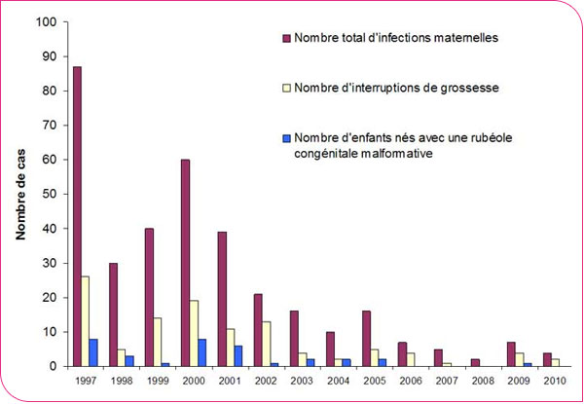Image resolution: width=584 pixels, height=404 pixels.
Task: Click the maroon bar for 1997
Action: (x=77, y=216)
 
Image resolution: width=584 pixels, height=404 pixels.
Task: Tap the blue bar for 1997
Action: (x=94, y=352)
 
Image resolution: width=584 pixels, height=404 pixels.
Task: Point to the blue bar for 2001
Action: (x=239, y=356)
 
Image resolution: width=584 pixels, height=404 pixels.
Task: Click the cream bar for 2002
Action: (x=267, y=344)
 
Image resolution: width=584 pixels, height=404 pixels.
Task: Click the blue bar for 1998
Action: (x=130, y=361)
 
